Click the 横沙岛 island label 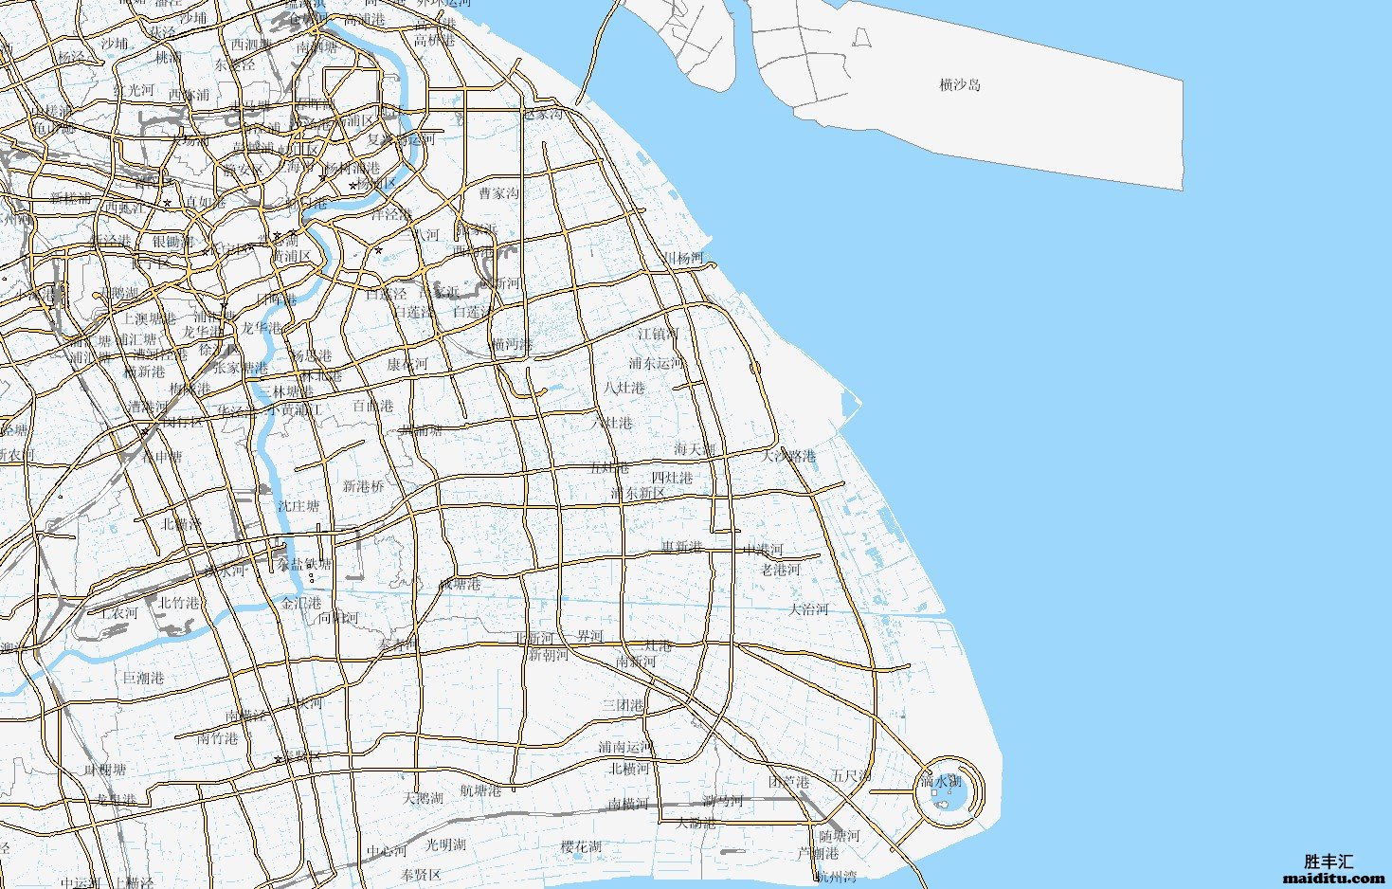tap(960, 85)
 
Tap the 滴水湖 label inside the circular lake tap(941, 782)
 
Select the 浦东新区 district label tap(638, 494)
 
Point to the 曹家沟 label tap(498, 193)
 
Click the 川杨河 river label tap(683, 259)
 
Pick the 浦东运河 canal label tap(656, 363)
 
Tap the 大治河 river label tap(809, 609)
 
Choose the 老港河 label tap(780, 570)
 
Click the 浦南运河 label tap(625, 748)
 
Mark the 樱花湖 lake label tap(581, 846)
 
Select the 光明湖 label tap(445, 844)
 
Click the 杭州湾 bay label tap(837, 877)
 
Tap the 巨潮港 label tap(144, 679)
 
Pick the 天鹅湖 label tap(423, 798)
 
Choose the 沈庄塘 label tap(298, 507)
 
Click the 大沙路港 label tap(788, 456)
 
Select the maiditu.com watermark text tap(1334, 879)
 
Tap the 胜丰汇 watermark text tap(1329, 862)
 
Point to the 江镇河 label tap(658, 334)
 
